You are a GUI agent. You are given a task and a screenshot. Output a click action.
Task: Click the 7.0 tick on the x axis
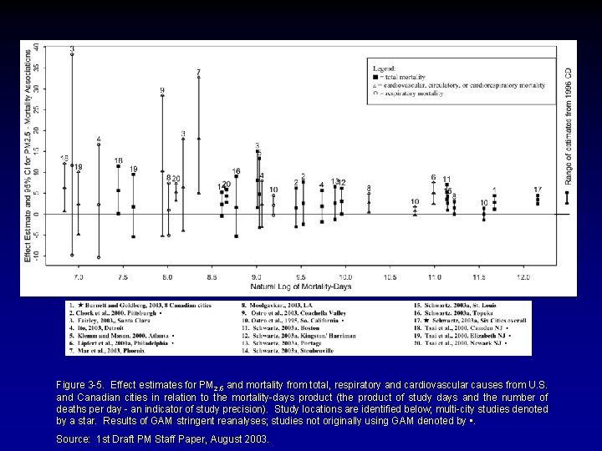[x=79, y=276]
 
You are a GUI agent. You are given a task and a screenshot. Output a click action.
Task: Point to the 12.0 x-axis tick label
[x=523, y=276]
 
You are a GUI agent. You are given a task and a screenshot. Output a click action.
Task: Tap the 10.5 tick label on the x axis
[x=390, y=276]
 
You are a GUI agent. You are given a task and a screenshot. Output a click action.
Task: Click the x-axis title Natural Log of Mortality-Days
[x=301, y=286]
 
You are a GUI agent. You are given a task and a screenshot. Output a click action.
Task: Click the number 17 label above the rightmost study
[x=538, y=190]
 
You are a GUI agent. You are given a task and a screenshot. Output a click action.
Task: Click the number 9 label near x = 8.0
[x=161, y=89]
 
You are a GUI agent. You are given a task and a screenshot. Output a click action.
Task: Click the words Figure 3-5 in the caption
[x=79, y=384]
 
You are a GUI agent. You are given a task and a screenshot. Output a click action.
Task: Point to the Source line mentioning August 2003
[x=162, y=437]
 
